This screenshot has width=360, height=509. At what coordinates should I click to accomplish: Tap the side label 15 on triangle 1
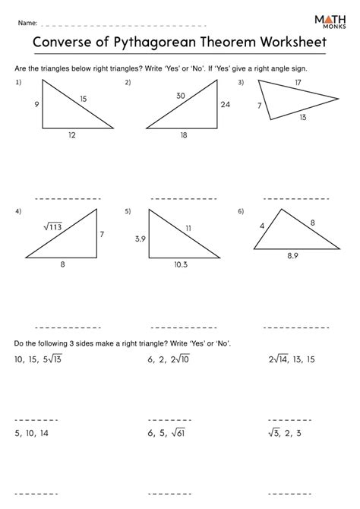tap(83, 97)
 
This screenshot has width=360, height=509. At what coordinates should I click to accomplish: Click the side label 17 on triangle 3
tap(298, 82)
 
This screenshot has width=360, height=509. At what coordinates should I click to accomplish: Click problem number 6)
tap(241, 211)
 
